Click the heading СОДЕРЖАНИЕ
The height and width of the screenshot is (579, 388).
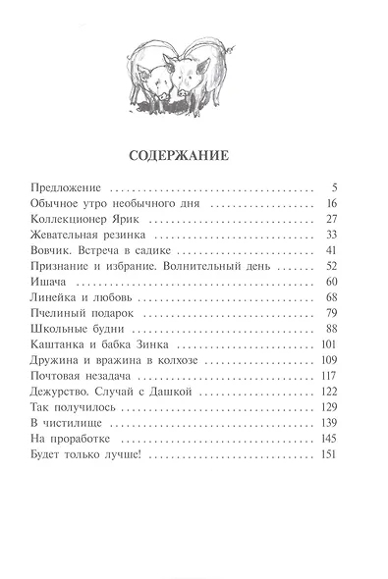(x=194, y=155)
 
